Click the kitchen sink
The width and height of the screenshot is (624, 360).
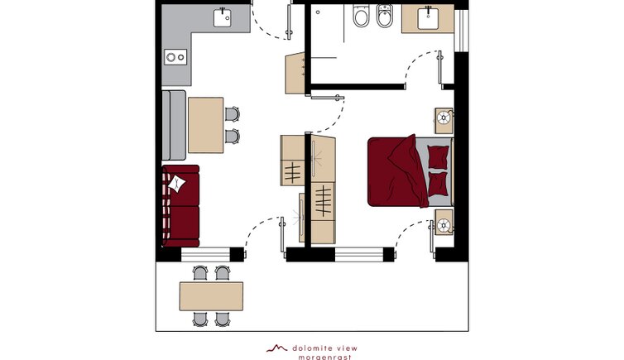222,17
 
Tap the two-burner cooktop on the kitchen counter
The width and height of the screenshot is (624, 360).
175,57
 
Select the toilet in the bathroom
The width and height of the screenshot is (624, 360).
361,16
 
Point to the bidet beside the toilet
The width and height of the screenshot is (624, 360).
385,16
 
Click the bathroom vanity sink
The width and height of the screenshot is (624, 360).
428,18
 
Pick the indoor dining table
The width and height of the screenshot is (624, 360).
206,125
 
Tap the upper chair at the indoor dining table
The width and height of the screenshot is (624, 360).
232,114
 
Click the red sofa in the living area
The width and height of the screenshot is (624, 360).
181,206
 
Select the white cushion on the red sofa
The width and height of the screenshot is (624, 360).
176,184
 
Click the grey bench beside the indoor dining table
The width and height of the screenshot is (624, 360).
174,125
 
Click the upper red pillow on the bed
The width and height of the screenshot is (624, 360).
438,156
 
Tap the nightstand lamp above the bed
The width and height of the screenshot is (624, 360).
444,118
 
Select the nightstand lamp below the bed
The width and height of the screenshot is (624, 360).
444,225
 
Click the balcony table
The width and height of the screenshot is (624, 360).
211,296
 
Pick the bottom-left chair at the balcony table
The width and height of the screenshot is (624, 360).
200,319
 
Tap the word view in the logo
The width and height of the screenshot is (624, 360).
347,348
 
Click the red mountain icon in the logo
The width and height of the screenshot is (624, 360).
277,348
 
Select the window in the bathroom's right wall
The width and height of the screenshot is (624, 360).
461,31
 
